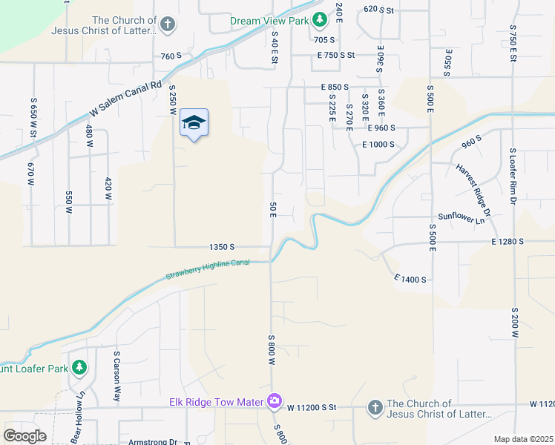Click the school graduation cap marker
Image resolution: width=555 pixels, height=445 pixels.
(194, 122)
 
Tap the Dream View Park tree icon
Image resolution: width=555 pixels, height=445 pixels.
(319, 20)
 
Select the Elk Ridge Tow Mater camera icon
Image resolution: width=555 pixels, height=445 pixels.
(275, 401)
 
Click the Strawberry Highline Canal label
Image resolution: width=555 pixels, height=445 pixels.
(207, 268)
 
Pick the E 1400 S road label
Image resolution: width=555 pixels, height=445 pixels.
(410, 279)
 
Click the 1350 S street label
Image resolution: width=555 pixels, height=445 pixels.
(222, 246)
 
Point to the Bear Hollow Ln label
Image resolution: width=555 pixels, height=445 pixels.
(79, 425)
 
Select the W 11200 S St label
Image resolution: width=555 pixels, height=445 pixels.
(312, 407)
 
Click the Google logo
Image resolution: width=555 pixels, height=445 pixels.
(24, 436)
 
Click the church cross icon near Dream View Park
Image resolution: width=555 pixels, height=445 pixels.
(168, 24)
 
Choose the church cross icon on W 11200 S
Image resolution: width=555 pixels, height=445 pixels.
(375, 407)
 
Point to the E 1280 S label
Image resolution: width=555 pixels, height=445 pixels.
(508, 242)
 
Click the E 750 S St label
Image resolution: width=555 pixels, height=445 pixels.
(336, 56)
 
